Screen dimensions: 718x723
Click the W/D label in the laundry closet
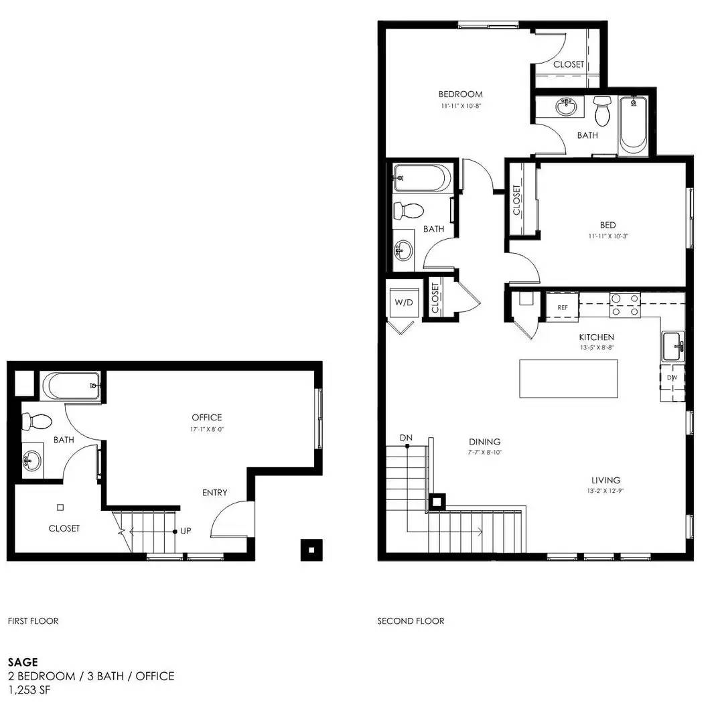click(x=404, y=303)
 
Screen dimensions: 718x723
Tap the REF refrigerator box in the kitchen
click(x=563, y=307)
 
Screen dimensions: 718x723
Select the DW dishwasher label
click(x=672, y=378)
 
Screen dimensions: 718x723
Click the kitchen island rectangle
click(x=569, y=378)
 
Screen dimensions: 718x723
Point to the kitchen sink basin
click(x=673, y=346)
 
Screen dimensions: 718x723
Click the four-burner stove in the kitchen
click(x=626, y=305)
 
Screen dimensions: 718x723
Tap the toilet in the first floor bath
click(x=37, y=422)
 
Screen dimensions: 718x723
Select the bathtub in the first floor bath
click(x=70, y=386)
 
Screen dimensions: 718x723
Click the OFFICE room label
click(x=207, y=417)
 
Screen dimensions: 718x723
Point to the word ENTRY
click(x=214, y=493)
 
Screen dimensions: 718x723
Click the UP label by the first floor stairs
click(x=186, y=531)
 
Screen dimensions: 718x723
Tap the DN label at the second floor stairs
click(x=406, y=437)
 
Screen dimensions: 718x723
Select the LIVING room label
click(x=606, y=480)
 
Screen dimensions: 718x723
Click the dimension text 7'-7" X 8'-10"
click(x=484, y=453)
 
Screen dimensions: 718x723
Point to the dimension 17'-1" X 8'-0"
click(x=207, y=429)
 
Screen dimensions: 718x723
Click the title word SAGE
click(x=23, y=662)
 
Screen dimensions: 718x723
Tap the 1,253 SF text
click(x=29, y=690)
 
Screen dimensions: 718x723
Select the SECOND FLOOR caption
click(x=411, y=621)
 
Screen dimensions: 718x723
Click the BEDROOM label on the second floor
click(x=461, y=94)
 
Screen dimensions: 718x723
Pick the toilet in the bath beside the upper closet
click(x=601, y=110)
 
